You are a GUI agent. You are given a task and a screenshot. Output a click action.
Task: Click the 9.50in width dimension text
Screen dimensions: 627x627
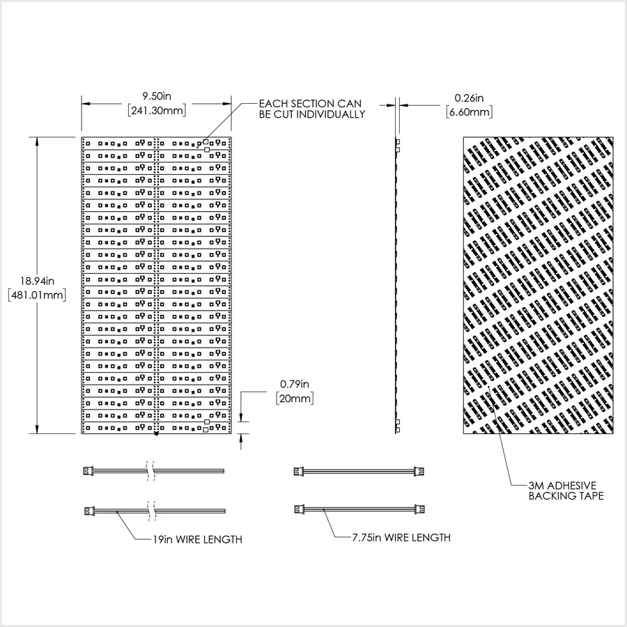157,96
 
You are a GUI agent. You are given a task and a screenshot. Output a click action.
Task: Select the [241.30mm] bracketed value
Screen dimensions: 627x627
157,110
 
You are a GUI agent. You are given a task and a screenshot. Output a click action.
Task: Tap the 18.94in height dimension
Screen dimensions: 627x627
37,281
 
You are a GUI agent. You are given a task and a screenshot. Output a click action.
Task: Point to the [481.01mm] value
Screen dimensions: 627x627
37,295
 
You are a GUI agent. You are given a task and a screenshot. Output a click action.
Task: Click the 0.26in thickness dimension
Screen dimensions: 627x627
469,98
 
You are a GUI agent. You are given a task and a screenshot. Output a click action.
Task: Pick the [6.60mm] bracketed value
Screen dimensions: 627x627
469,112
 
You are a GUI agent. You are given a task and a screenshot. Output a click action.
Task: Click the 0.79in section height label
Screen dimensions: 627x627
295,385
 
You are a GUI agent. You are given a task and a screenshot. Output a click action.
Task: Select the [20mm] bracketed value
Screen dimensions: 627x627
295,398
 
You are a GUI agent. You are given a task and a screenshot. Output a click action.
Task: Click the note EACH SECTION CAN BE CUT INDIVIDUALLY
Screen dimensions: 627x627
312,109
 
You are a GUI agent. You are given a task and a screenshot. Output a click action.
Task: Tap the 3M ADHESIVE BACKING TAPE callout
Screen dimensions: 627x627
566,491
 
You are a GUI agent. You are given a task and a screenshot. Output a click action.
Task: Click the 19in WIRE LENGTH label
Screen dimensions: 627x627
198,540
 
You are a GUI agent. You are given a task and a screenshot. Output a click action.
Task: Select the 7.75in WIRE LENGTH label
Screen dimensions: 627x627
401,538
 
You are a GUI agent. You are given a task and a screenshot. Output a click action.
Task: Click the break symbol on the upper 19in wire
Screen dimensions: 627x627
150,470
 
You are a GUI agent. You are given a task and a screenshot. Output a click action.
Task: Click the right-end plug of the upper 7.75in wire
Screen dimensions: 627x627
419,471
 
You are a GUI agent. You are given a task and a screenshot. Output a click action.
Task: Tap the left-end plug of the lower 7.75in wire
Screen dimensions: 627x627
299,509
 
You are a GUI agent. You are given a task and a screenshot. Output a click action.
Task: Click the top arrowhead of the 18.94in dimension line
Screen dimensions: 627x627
37,141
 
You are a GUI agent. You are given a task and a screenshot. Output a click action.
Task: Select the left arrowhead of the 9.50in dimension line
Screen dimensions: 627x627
86,104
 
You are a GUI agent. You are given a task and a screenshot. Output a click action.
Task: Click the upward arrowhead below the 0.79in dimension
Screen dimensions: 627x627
241,438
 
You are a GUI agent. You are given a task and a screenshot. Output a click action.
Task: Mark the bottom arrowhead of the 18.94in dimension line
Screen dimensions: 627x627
37,429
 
